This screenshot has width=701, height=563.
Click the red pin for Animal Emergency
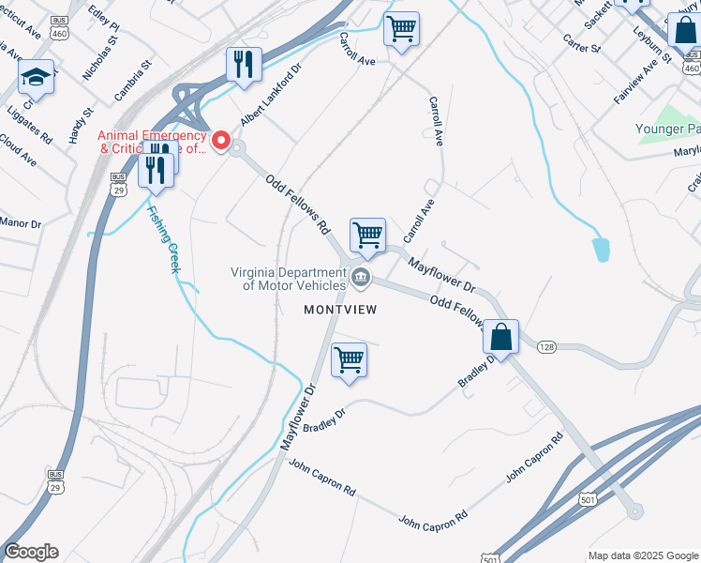(221, 141)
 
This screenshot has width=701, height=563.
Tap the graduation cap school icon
(37, 77)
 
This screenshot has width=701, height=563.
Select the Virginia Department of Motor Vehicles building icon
(361, 277)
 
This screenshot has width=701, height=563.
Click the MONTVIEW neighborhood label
(339, 310)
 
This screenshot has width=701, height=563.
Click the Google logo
(31, 552)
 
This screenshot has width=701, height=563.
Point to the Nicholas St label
(100, 58)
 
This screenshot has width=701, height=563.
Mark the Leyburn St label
(652, 44)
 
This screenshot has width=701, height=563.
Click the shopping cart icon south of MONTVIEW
(349, 359)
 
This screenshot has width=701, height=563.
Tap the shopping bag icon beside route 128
(501, 337)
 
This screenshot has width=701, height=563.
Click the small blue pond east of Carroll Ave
(601, 250)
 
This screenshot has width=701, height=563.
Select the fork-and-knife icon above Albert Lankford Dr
(243, 64)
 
